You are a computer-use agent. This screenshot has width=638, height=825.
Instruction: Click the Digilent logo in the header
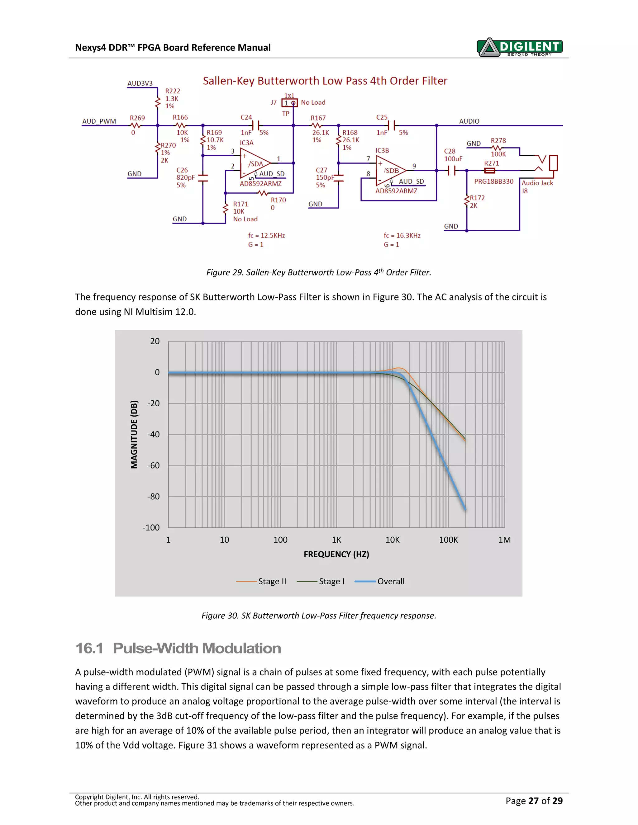coord(520,47)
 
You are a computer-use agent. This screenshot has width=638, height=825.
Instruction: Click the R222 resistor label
coord(172,91)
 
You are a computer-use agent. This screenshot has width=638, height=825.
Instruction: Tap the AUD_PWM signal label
coord(99,121)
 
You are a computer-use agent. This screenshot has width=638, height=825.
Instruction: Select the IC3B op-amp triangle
coord(390,171)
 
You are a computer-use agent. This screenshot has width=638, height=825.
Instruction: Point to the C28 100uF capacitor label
coord(453,155)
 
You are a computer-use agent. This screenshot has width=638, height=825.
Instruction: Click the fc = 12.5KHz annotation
coord(266,235)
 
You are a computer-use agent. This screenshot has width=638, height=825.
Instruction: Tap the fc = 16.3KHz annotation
coord(402,235)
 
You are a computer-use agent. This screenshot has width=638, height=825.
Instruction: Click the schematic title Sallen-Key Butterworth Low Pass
coord(325,81)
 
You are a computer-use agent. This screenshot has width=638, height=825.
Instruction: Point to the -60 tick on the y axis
coord(154,465)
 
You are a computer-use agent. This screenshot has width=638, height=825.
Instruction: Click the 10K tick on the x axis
coord(392,540)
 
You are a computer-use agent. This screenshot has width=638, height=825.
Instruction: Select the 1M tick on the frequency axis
coord(504,540)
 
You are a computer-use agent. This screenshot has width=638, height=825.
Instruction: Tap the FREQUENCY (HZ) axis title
coord(336,554)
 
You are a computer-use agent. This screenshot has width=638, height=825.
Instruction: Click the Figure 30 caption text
coord(319,616)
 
